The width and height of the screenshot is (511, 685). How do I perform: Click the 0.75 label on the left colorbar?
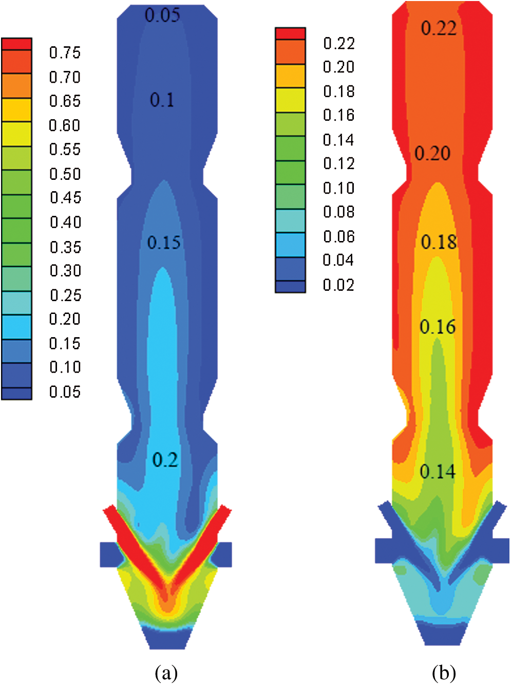(65, 52)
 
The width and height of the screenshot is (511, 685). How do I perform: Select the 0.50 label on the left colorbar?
(65, 174)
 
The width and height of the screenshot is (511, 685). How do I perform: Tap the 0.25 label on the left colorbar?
(65, 295)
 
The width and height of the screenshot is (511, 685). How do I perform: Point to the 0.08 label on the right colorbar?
(339, 212)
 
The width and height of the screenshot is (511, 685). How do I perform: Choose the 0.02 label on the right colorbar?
(338, 285)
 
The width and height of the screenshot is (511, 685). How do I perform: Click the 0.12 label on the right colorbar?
(339, 163)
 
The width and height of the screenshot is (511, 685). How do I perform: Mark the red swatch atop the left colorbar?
(16, 44)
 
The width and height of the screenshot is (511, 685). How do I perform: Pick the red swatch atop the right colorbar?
(290, 33)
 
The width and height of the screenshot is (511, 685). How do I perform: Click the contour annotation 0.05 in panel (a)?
(162, 15)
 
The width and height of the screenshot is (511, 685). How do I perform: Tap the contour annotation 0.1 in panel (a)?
(162, 100)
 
